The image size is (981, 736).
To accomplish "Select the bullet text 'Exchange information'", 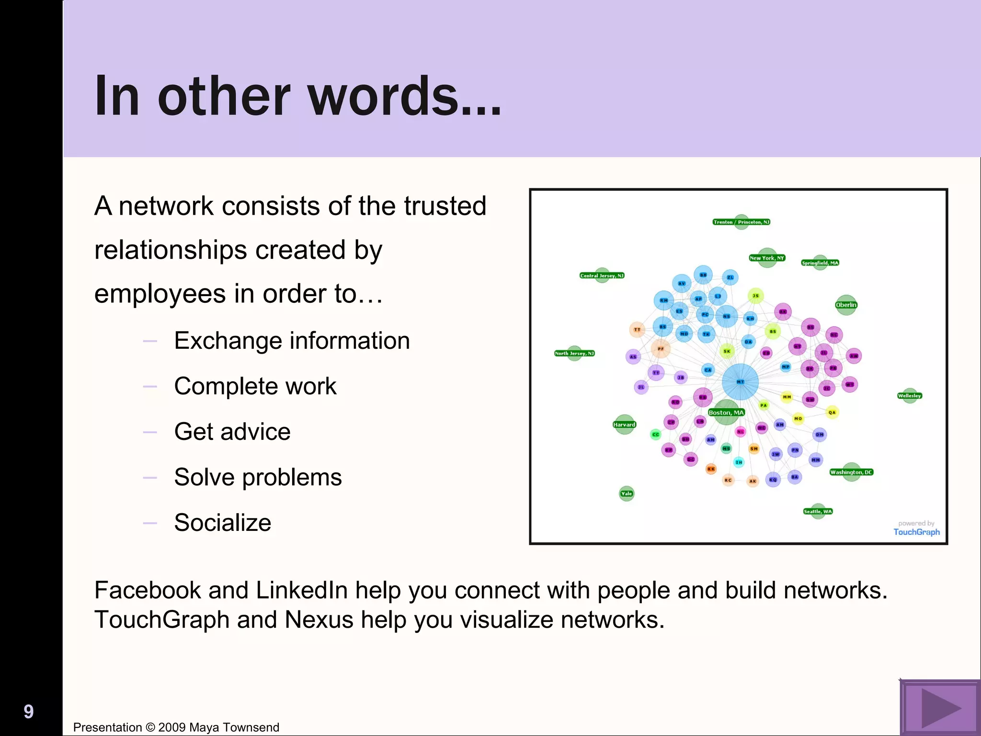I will (292, 341).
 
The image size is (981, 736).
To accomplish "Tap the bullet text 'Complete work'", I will (255, 386).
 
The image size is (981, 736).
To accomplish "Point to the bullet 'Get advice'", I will (232, 432).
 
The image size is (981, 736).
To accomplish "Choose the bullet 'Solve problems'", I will (258, 477).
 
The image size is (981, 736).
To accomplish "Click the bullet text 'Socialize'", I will (223, 523).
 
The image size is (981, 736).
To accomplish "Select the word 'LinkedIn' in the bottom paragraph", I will (302, 590).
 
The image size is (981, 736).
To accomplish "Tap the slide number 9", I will (29, 712).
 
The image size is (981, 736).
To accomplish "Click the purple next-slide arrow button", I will (940, 708).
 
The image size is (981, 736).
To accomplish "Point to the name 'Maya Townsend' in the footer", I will (234, 727).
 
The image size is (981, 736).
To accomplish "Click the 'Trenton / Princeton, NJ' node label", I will (741, 222).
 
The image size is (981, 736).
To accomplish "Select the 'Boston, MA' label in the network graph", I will (726, 413).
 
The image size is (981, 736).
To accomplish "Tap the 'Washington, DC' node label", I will (852, 472).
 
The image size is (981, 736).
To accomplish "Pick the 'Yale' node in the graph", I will (627, 494).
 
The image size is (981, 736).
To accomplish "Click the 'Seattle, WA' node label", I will (818, 511).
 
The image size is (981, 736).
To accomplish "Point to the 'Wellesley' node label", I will (909, 396).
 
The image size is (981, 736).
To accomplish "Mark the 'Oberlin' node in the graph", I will (846, 305).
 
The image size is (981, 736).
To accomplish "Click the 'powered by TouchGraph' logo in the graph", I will (916, 529).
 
